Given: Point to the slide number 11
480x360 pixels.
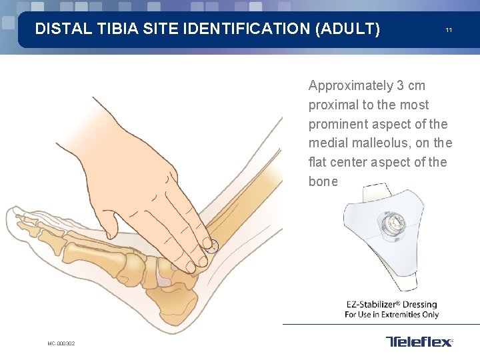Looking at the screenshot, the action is coord(449,31).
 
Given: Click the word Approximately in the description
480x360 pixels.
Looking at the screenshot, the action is coord(351,86).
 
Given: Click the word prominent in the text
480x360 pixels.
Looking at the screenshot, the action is coord(338,124).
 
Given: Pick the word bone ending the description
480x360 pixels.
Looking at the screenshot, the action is coord(323,181).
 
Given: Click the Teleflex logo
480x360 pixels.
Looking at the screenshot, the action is coord(419,342).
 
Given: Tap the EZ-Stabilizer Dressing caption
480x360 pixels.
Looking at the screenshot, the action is coord(391,305).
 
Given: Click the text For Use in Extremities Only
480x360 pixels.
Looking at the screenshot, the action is coord(391,315).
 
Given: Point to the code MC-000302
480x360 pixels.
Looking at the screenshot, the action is coord(61,343).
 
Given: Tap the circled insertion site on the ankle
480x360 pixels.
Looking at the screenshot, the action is coord(211,246).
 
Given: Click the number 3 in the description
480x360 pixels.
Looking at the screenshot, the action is coord(400,86).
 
